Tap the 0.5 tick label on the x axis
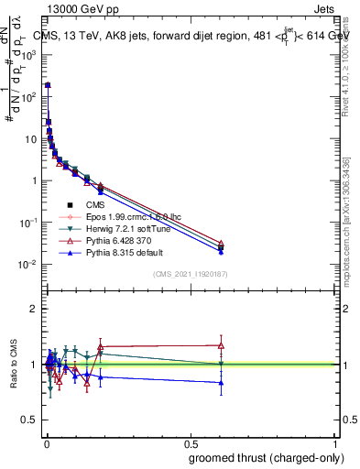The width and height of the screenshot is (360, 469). tap(191, 442)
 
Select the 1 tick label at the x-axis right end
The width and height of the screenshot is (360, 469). tap(337, 442)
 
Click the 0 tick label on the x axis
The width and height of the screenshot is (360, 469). tap(47, 442)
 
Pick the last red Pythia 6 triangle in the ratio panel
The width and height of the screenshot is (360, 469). tap(221, 345)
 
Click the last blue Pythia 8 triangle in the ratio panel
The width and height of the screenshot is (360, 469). tap(221, 383)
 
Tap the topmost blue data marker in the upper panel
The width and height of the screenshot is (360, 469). tap(48, 85)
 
